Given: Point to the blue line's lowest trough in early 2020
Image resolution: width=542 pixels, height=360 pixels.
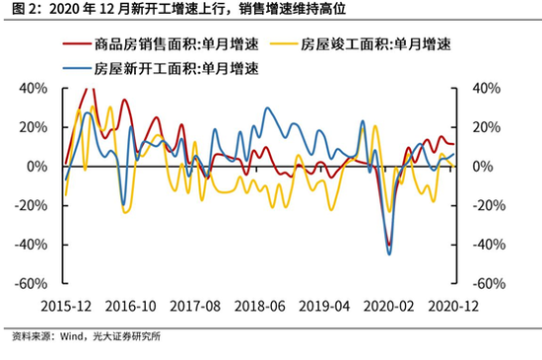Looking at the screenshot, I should coord(389,254).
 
